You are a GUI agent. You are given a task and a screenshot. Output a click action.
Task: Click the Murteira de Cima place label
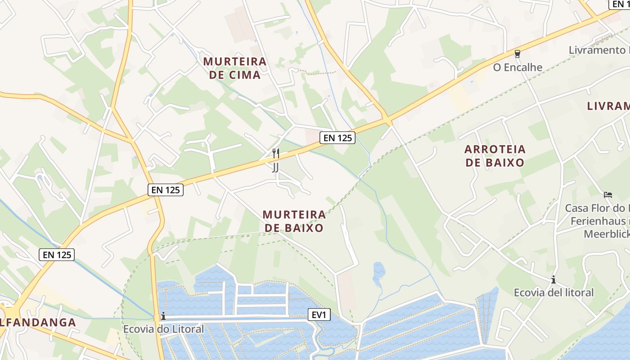point(235,68)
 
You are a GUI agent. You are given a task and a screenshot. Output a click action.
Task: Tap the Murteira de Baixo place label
point(294,221)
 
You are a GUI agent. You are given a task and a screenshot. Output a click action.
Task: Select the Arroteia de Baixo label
point(495,156)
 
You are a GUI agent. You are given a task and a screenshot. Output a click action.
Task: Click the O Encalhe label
point(517,67)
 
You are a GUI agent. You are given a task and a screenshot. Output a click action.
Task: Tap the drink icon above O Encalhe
point(517,54)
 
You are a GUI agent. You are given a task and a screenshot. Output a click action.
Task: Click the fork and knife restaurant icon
point(276,153)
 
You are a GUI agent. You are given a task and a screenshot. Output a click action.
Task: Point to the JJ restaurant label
point(275,167)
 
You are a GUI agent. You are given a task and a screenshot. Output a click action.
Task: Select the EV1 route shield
point(319,315)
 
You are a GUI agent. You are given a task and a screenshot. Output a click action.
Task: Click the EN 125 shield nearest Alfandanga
point(57,255)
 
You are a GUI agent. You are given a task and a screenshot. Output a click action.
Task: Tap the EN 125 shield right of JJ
point(337,138)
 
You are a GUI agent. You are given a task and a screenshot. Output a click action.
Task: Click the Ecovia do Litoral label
point(163,329)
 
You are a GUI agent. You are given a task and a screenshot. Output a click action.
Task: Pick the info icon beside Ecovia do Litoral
point(163,317)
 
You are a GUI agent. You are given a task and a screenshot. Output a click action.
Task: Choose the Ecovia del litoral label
point(553,292)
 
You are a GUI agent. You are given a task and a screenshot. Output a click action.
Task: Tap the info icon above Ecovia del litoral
point(553,280)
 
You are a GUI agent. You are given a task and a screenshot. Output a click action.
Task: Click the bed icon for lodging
point(608,195)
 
